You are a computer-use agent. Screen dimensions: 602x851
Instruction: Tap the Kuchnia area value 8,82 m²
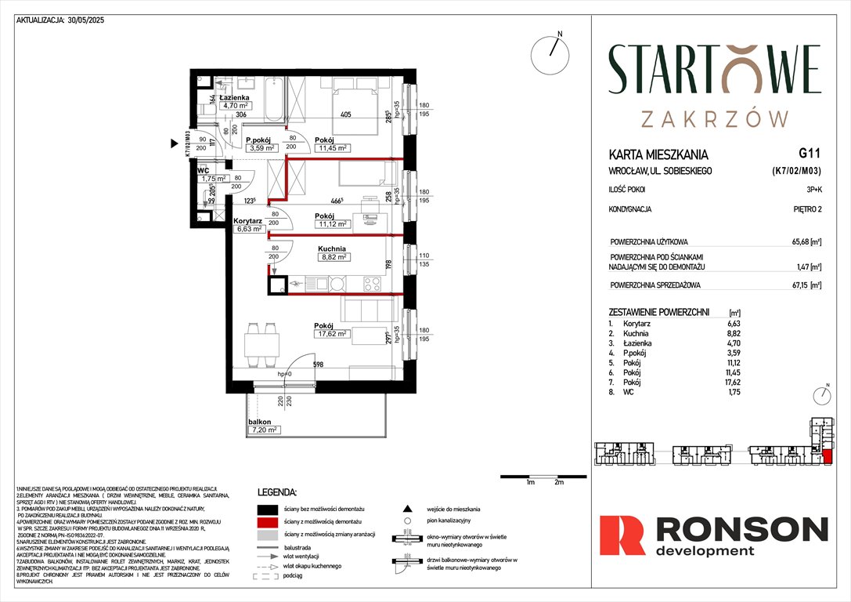pyautogui.click(x=334, y=256)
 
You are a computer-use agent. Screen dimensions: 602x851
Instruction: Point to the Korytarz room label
pyautogui.click(x=247, y=222)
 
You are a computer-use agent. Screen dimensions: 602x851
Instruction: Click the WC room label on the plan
pyautogui.click(x=203, y=169)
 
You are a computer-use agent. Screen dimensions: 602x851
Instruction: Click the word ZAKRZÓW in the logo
pyautogui.click(x=713, y=118)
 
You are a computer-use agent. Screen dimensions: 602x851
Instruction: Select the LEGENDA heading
pyautogui.click(x=277, y=492)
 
